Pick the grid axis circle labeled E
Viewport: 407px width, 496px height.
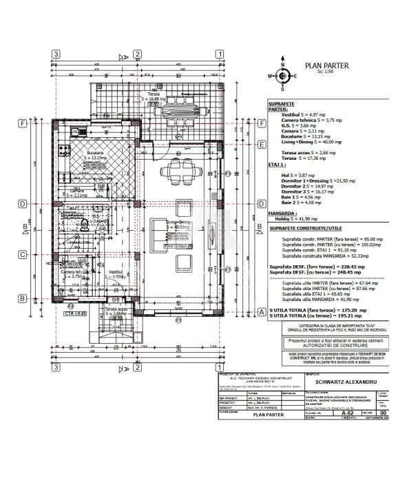pyautogui.click(x=262, y=145)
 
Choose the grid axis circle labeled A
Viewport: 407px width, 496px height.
pyautogui.click(x=262, y=311)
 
